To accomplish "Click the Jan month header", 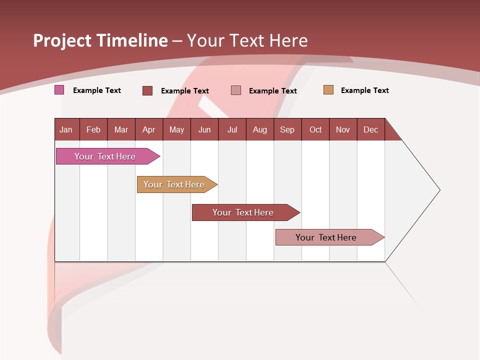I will click(x=66, y=129).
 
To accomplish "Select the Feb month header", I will click(x=93, y=129).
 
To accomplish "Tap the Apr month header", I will click(x=149, y=129).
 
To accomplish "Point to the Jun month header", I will click(x=204, y=129).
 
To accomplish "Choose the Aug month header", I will click(x=260, y=129).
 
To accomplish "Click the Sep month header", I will click(x=287, y=129).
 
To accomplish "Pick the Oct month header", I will click(x=315, y=129).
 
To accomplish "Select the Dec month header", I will click(x=371, y=129).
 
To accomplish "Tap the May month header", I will click(x=176, y=129).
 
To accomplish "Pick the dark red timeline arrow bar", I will click(x=243, y=212).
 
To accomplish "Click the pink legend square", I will click(x=59, y=90).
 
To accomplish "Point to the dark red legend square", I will click(x=147, y=90).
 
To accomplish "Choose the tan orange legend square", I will click(x=328, y=90).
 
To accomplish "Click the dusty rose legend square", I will click(x=236, y=90).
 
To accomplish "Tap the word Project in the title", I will click(x=62, y=40).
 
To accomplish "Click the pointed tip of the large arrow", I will click(x=438, y=190).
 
